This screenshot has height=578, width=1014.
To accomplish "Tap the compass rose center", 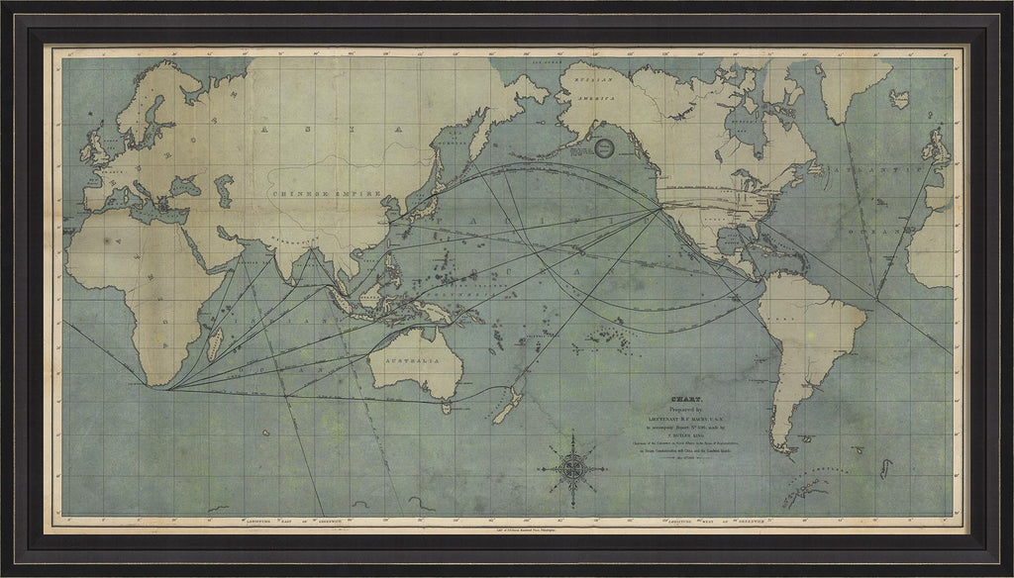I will click(573, 465).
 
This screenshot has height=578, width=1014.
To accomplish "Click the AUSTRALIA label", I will click(417, 364).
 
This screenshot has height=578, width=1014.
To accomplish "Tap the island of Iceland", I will click(899, 97).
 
